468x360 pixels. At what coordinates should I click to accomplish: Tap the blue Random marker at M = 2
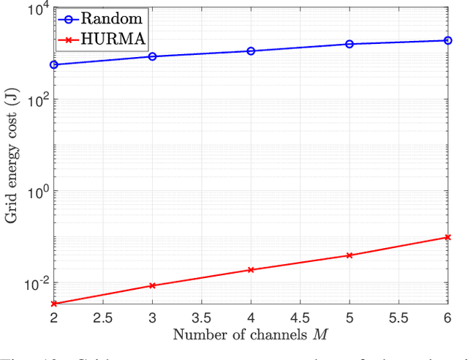pyautogui.click(x=53, y=65)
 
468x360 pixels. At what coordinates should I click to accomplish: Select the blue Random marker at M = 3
pyautogui.click(x=152, y=56)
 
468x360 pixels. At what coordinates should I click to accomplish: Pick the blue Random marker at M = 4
pyautogui.click(x=251, y=51)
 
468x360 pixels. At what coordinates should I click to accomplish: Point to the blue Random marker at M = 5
pyautogui.click(x=350, y=44)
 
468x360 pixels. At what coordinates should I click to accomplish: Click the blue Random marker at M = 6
pyautogui.click(x=448, y=40)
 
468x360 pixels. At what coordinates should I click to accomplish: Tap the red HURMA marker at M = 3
pyautogui.click(x=152, y=285)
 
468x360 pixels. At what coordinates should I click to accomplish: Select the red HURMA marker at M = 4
pyautogui.click(x=251, y=270)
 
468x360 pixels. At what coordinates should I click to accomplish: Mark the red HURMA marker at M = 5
pyautogui.click(x=350, y=255)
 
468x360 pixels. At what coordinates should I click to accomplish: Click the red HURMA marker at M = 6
pyautogui.click(x=448, y=237)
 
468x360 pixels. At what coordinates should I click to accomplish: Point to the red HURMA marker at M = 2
pyautogui.click(x=53, y=303)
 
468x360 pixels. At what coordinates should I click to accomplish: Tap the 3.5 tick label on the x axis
pyautogui.click(x=201, y=318)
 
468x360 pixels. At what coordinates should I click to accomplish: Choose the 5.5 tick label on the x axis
pyautogui.click(x=399, y=318)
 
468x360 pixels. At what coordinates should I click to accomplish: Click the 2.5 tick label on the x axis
pyautogui.click(x=102, y=318)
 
